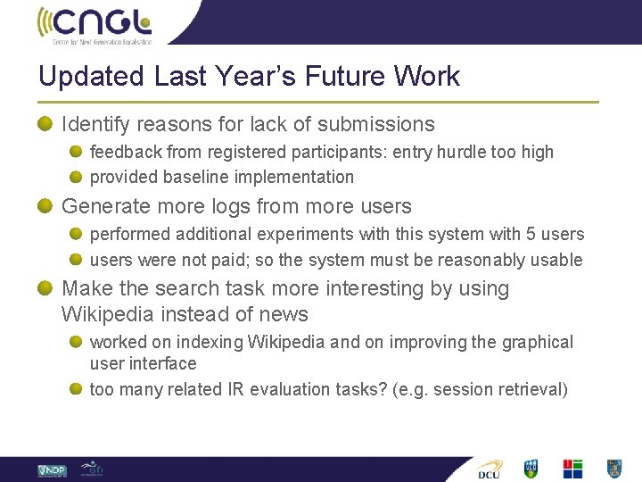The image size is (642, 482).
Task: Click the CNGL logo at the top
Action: pyautogui.click(x=95, y=24)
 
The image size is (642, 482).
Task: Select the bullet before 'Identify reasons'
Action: pyautogui.click(x=45, y=124)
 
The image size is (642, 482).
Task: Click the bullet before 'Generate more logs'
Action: pyautogui.click(x=45, y=206)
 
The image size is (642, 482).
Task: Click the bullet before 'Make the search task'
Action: pyautogui.click(x=45, y=288)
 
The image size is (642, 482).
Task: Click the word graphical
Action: pyautogui.click(x=536, y=342)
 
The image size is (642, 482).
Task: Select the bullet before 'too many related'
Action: pyautogui.click(x=77, y=389)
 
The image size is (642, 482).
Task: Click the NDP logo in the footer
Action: pyautogui.click(x=51, y=470)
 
